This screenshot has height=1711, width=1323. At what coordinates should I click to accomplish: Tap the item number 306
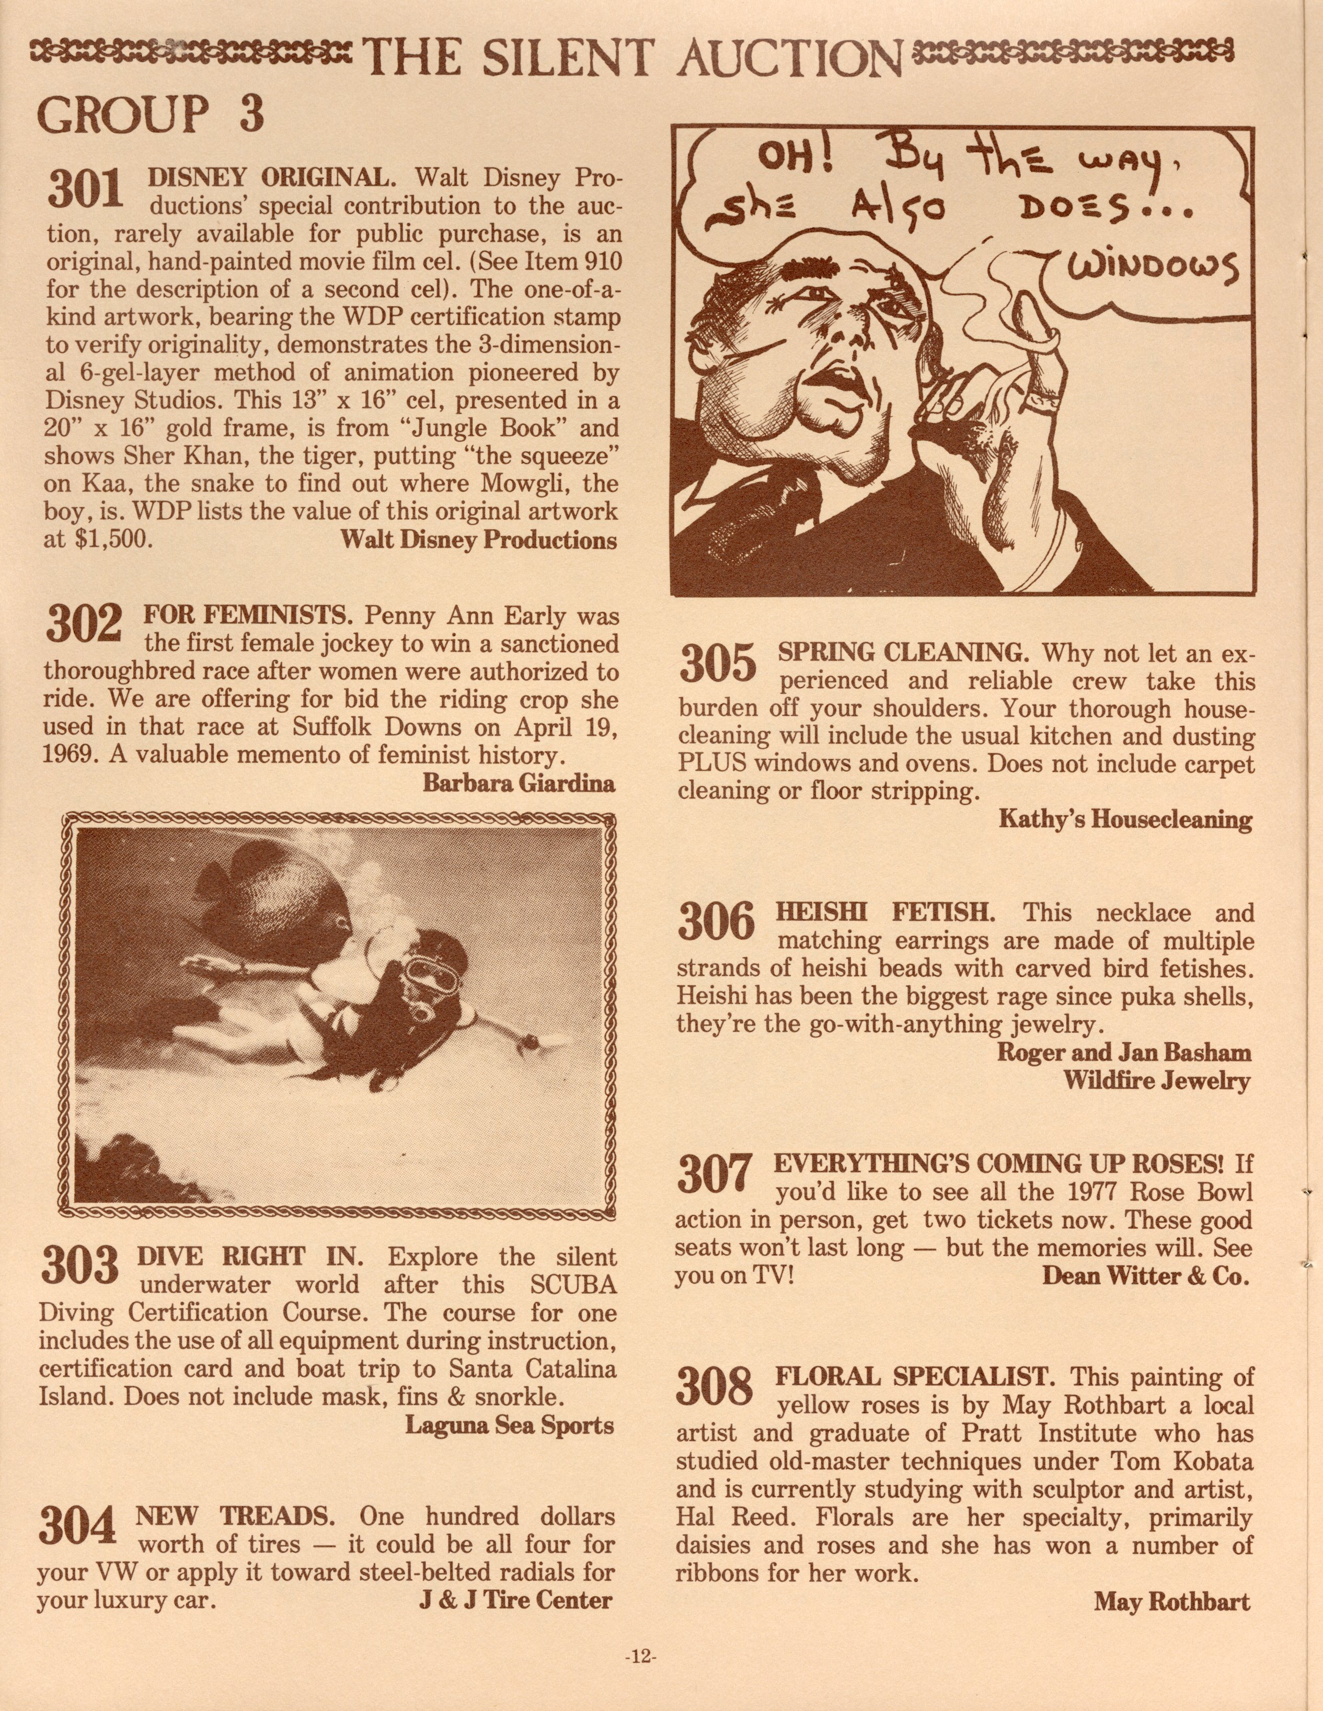717,921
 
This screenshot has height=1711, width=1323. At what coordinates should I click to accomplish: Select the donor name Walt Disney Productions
479,541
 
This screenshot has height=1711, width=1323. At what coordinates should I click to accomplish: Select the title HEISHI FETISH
885,912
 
